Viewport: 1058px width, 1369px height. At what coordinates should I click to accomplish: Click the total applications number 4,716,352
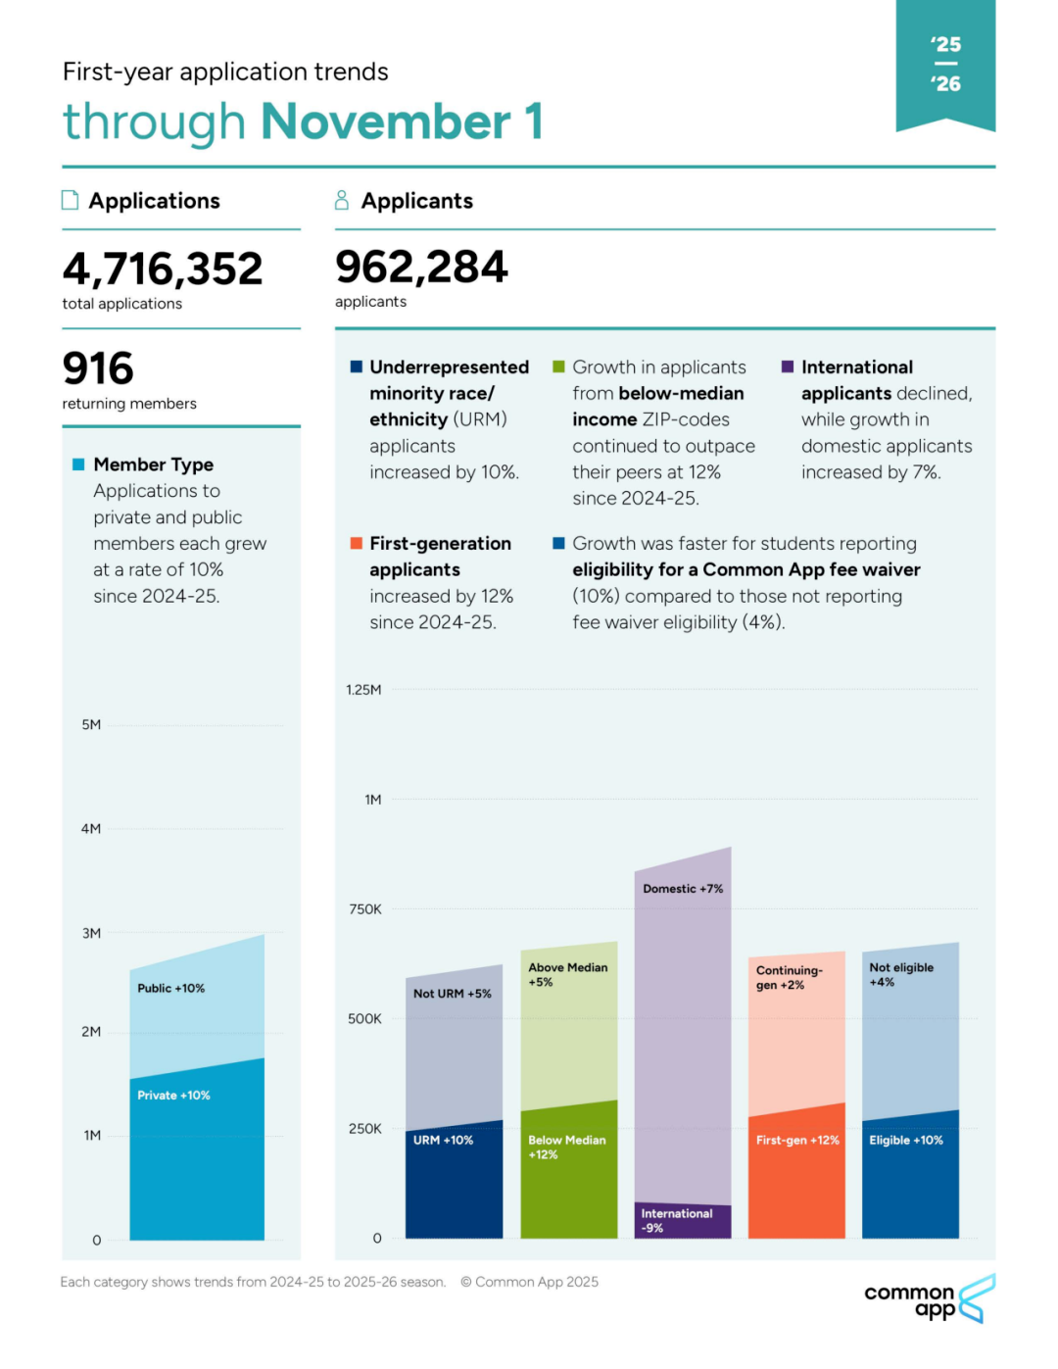(163, 269)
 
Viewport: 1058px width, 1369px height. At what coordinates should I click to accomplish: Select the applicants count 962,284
(421, 267)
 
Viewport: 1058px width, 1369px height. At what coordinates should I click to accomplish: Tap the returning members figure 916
(98, 368)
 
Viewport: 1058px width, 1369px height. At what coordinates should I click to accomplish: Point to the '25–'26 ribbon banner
(945, 65)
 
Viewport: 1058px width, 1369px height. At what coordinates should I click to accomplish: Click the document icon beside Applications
(71, 200)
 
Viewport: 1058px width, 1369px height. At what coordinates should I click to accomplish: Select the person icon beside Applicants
(342, 200)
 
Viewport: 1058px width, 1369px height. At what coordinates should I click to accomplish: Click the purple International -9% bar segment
(682, 1221)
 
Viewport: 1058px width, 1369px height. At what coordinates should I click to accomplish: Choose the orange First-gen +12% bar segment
(796, 1176)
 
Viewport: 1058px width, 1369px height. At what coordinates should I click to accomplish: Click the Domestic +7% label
(683, 889)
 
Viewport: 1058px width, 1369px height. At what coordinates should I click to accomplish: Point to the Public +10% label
(171, 988)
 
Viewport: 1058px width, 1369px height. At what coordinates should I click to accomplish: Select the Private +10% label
(173, 1095)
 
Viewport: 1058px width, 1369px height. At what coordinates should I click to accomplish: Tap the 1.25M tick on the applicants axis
(363, 690)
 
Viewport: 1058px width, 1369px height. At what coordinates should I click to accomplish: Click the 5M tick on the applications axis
(91, 725)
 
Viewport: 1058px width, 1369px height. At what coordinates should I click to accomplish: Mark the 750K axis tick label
(365, 909)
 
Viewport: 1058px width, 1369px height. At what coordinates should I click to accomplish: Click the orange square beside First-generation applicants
(357, 543)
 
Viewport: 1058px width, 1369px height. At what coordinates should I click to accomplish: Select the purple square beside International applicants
(788, 367)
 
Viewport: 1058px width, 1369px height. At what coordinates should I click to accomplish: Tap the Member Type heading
(154, 464)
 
